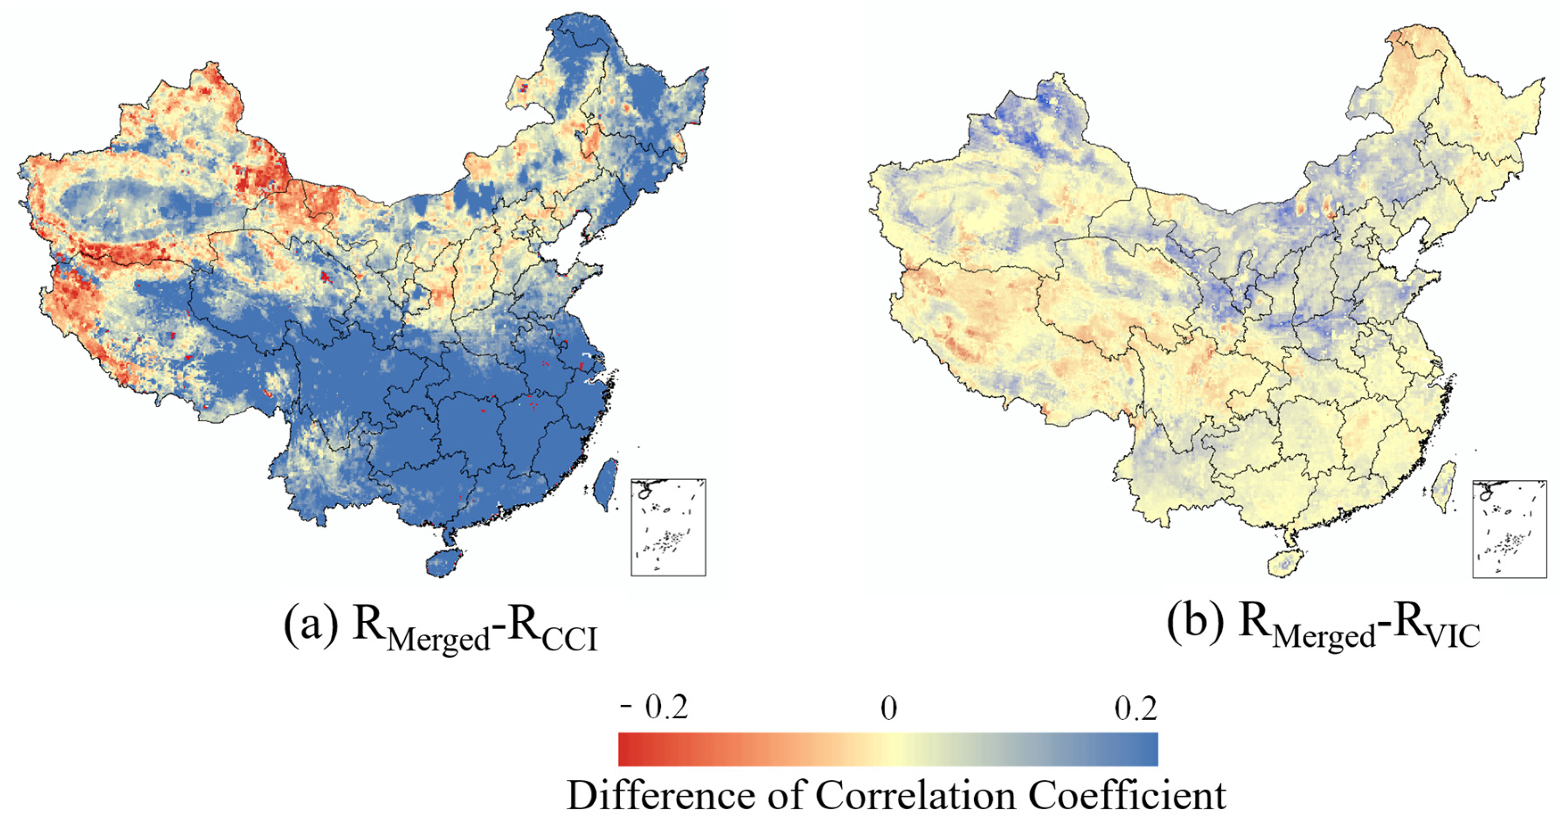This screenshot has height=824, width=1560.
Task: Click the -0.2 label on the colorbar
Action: click(x=654, y=707)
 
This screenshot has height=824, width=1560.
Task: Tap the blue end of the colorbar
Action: click(x=1151, y=749)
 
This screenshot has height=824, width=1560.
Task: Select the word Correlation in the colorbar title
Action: click(x=915, y=795)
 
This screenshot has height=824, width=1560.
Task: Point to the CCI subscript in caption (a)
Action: click(x=569, y=639)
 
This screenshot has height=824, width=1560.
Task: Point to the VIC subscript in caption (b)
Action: click(x=1453, y=636)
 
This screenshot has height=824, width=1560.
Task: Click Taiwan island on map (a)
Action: click(x=605, y=484)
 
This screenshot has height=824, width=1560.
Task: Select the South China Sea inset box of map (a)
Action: click(x=668, y=527)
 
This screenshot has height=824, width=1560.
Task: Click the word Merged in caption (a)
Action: click(x=438, y=639)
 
